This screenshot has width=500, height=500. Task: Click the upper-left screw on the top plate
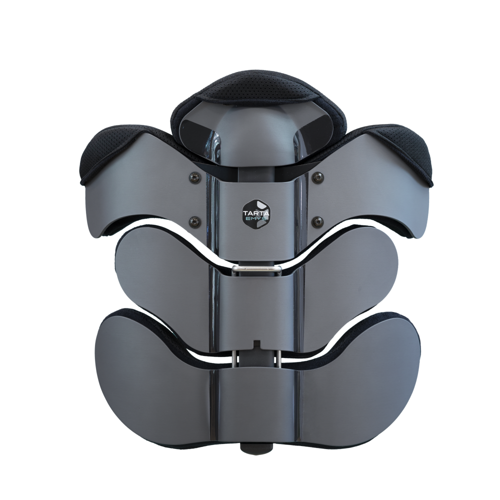tap(193, 176)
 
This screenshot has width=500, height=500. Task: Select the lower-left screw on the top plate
tap(193, 220)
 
